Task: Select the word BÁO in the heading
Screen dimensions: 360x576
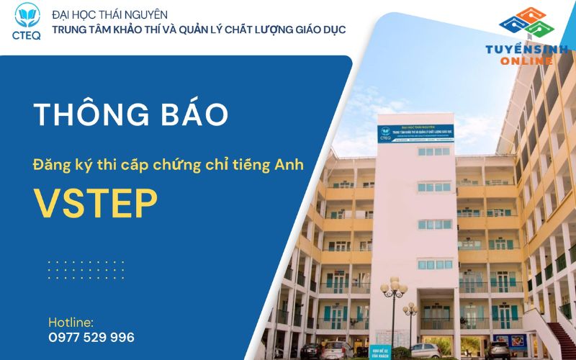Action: (x=192, y=114)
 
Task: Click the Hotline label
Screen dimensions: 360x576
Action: (x=71, y=322)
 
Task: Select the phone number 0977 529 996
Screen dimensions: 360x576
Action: (x=91, y=337)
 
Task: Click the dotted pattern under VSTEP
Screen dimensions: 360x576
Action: (x=86, y=269)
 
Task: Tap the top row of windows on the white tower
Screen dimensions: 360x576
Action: (x=433, y=151)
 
